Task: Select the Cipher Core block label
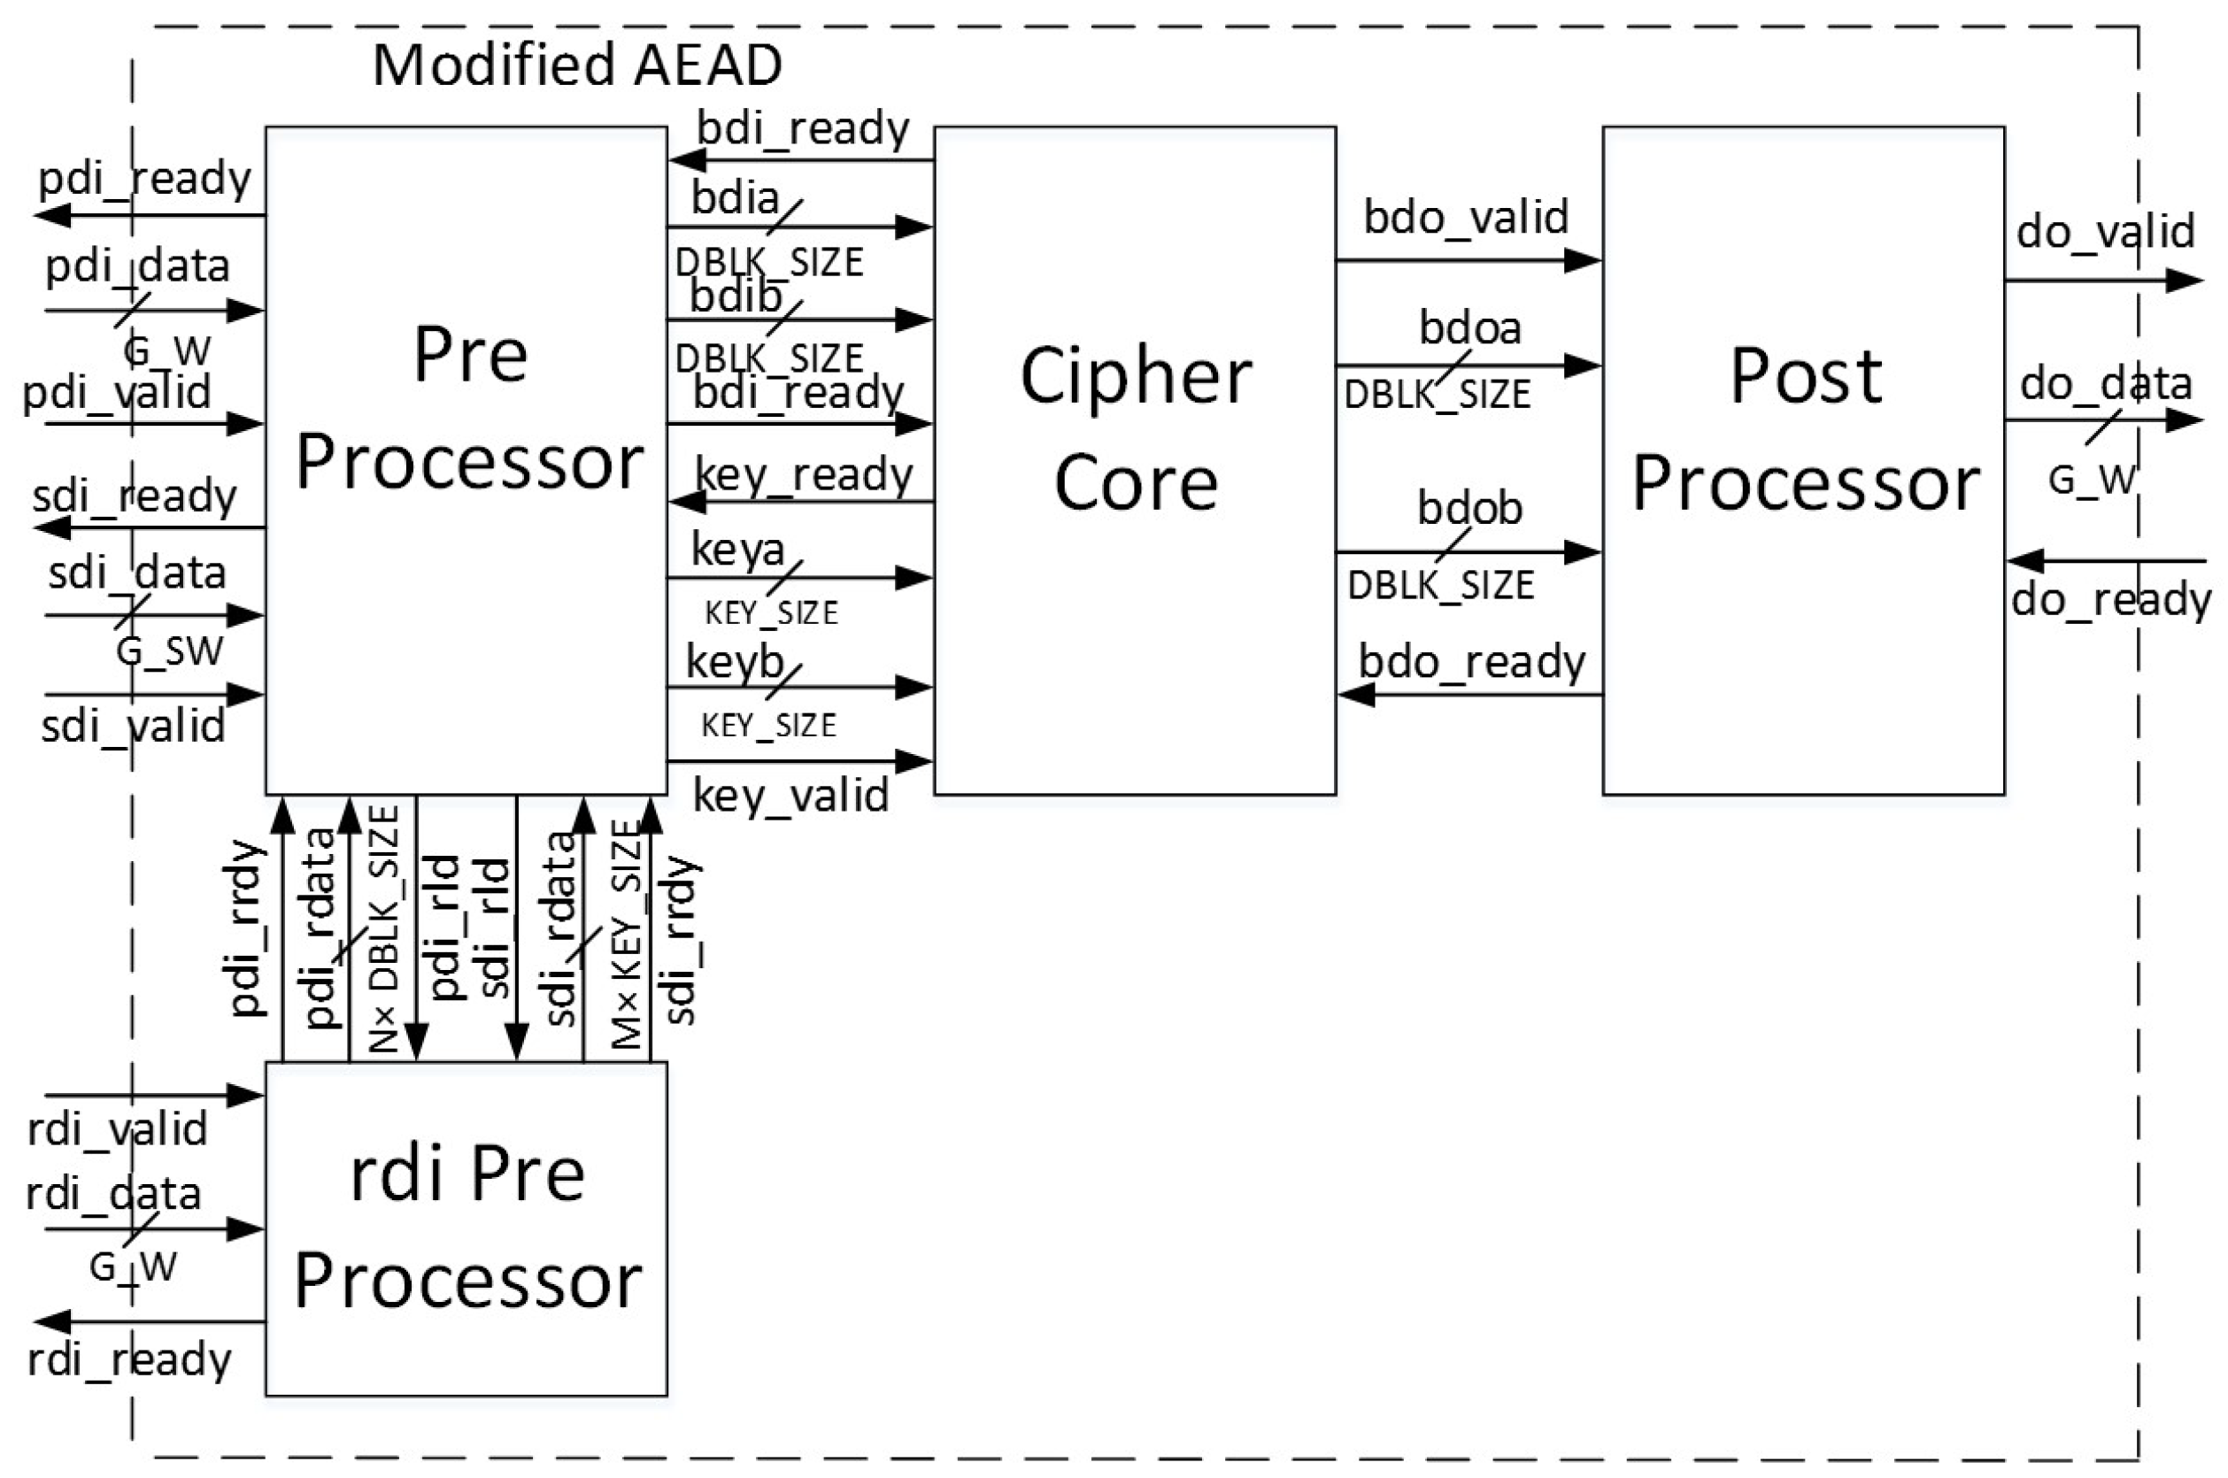(1135, 429)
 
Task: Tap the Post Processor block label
(1805, 429)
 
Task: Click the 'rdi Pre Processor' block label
(467, 1228)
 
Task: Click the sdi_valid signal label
(133, 727)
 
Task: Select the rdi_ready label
(129, 1360)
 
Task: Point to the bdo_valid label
(1466, 218)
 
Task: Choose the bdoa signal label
(1470, 329)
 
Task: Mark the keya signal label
(737, 550)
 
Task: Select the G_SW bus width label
(170, 651)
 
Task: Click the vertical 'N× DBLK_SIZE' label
(383, 928)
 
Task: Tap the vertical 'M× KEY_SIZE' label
(626, 933)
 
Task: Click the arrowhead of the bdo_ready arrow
(1355, 696)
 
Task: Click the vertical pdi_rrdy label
(248, 928)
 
